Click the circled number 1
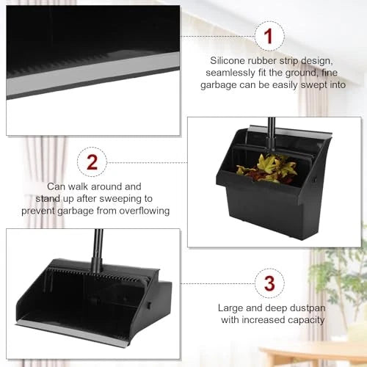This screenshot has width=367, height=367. [268, 35]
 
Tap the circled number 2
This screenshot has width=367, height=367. [92, 161]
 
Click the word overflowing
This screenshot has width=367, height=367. [142, 211]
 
